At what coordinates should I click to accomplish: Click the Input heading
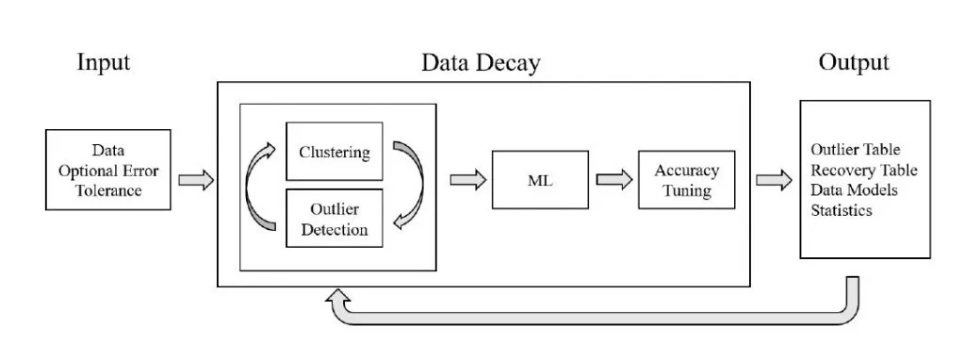(103, 63)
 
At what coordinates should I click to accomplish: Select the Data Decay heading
(481, 63)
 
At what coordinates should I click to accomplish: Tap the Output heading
(853, 63)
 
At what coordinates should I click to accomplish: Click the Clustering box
(334, 152)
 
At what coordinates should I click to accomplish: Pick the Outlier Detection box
(334, 218)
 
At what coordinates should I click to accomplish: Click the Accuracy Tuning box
(686, 180)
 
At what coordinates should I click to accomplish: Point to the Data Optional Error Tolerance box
(108, 171)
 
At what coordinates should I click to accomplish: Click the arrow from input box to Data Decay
(196, 180)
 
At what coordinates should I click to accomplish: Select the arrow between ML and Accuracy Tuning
(613, 180)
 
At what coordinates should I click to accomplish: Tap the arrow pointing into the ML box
(466, 180)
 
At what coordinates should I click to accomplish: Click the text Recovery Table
(864, 171)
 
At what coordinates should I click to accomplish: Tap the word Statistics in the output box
(842, 210)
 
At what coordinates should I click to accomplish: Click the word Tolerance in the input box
(108, 191)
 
